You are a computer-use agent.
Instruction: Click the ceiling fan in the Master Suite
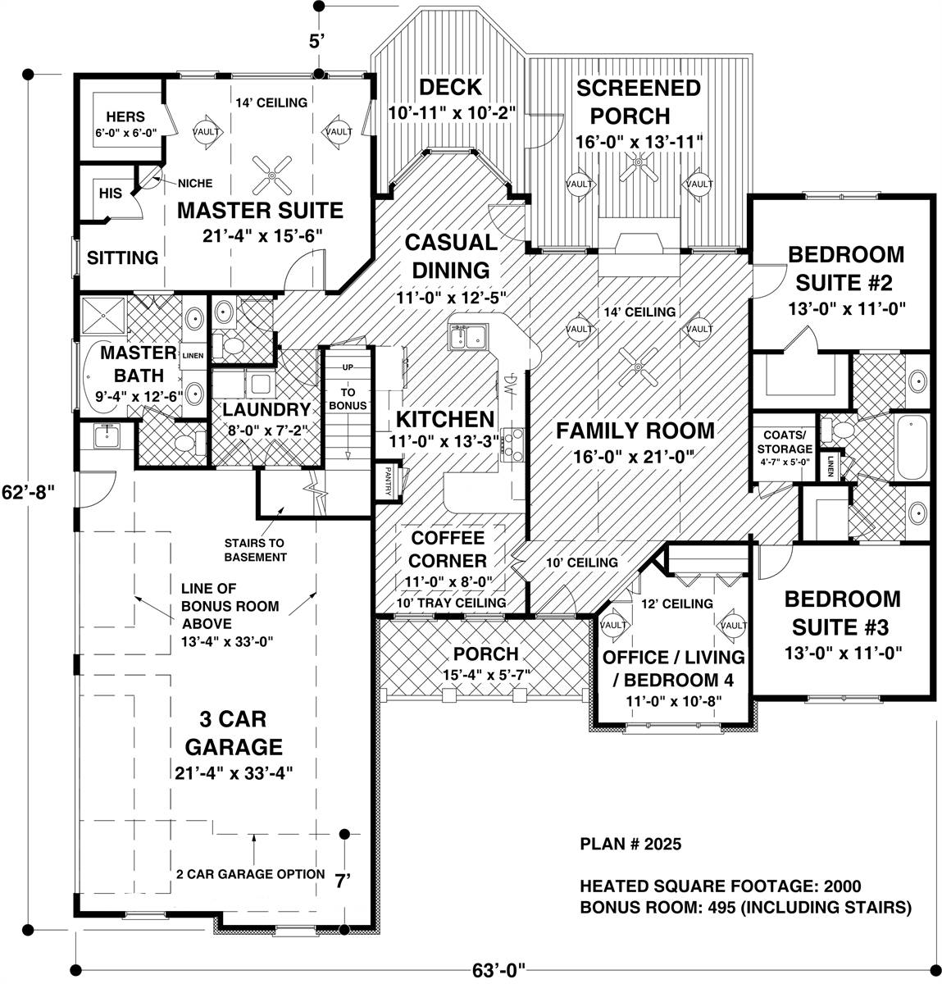point(270,171)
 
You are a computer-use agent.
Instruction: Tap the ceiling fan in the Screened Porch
point(637,169)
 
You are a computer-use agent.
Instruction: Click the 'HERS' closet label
point(125,117)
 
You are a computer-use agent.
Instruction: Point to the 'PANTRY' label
point(384,482)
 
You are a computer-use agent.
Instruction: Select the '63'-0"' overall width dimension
point(497,970)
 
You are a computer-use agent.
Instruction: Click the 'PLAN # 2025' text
point(630,844)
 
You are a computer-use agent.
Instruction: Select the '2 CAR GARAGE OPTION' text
point(250,874)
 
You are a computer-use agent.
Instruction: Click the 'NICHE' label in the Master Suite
point(194,183)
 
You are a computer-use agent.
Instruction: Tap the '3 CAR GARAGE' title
point(234,733)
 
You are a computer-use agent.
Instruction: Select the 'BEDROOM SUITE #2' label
point(845,268)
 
